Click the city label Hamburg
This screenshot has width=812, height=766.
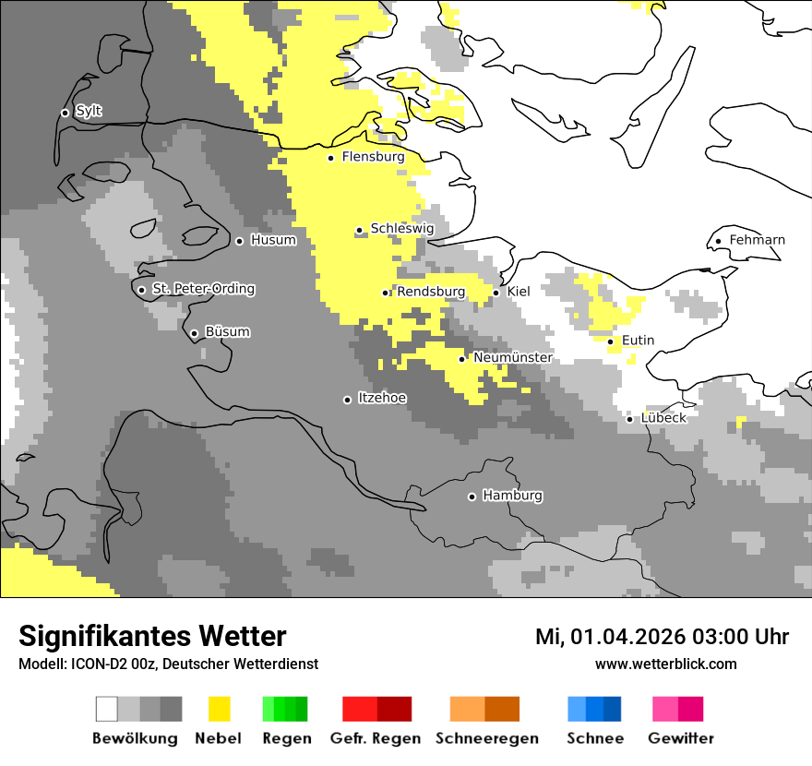click(512, 496)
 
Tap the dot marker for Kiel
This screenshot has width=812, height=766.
click(496, 293)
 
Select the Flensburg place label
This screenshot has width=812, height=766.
click(373, 157)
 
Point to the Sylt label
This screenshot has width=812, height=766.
click(89, 111)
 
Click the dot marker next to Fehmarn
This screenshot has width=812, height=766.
click(718, 242)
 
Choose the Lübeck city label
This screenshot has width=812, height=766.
click(663, 418)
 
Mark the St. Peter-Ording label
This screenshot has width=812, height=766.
click(203, 289)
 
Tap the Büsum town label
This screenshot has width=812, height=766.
click(227, 332)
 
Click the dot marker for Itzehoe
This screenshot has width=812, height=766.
click(347, 400)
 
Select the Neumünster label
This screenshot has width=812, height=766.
click(513, 357)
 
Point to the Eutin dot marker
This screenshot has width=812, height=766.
click(610, 341)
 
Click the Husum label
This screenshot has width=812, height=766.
click(273, 240)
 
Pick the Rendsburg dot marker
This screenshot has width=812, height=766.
click(386, 293)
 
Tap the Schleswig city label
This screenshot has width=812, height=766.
click(401, 228)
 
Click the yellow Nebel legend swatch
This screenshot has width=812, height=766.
click(219, 709)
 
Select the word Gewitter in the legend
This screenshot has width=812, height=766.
click(680, 738)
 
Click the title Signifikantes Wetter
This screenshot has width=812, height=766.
click(152, 636)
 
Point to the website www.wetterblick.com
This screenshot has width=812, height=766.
click(665, 664)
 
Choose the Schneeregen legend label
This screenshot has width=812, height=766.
click(486, 738)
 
